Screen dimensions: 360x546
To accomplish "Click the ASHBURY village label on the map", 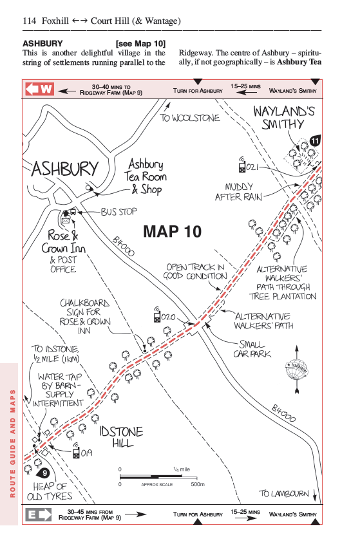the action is (65, 169).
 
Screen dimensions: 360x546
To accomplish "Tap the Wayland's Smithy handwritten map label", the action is (284, 118).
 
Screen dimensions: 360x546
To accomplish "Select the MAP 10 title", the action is (173, 232).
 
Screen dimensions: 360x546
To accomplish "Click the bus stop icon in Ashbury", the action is (73, 211).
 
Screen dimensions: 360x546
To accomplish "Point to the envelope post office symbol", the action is (66, 220).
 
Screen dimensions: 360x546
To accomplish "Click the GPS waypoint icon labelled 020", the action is (157, 315).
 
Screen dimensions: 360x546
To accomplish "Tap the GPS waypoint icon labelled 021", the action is (242, 165).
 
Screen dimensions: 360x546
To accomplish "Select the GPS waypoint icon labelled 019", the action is (76, 451).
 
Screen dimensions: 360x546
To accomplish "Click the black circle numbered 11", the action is (315, 140).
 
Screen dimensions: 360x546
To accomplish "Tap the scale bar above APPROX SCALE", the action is (158, 476).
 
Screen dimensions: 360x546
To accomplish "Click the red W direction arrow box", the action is (39, 89).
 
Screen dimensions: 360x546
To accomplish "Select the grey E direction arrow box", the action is (38, 514).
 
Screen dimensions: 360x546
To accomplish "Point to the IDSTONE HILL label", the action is (121, 437).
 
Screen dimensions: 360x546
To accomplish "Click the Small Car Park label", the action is (252, 349).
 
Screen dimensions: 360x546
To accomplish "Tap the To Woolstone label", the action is (190, 118).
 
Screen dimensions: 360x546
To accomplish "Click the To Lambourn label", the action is (284, 493).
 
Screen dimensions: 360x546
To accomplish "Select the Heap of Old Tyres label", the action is (50, 491).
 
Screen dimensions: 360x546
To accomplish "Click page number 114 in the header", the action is (29, 21).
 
